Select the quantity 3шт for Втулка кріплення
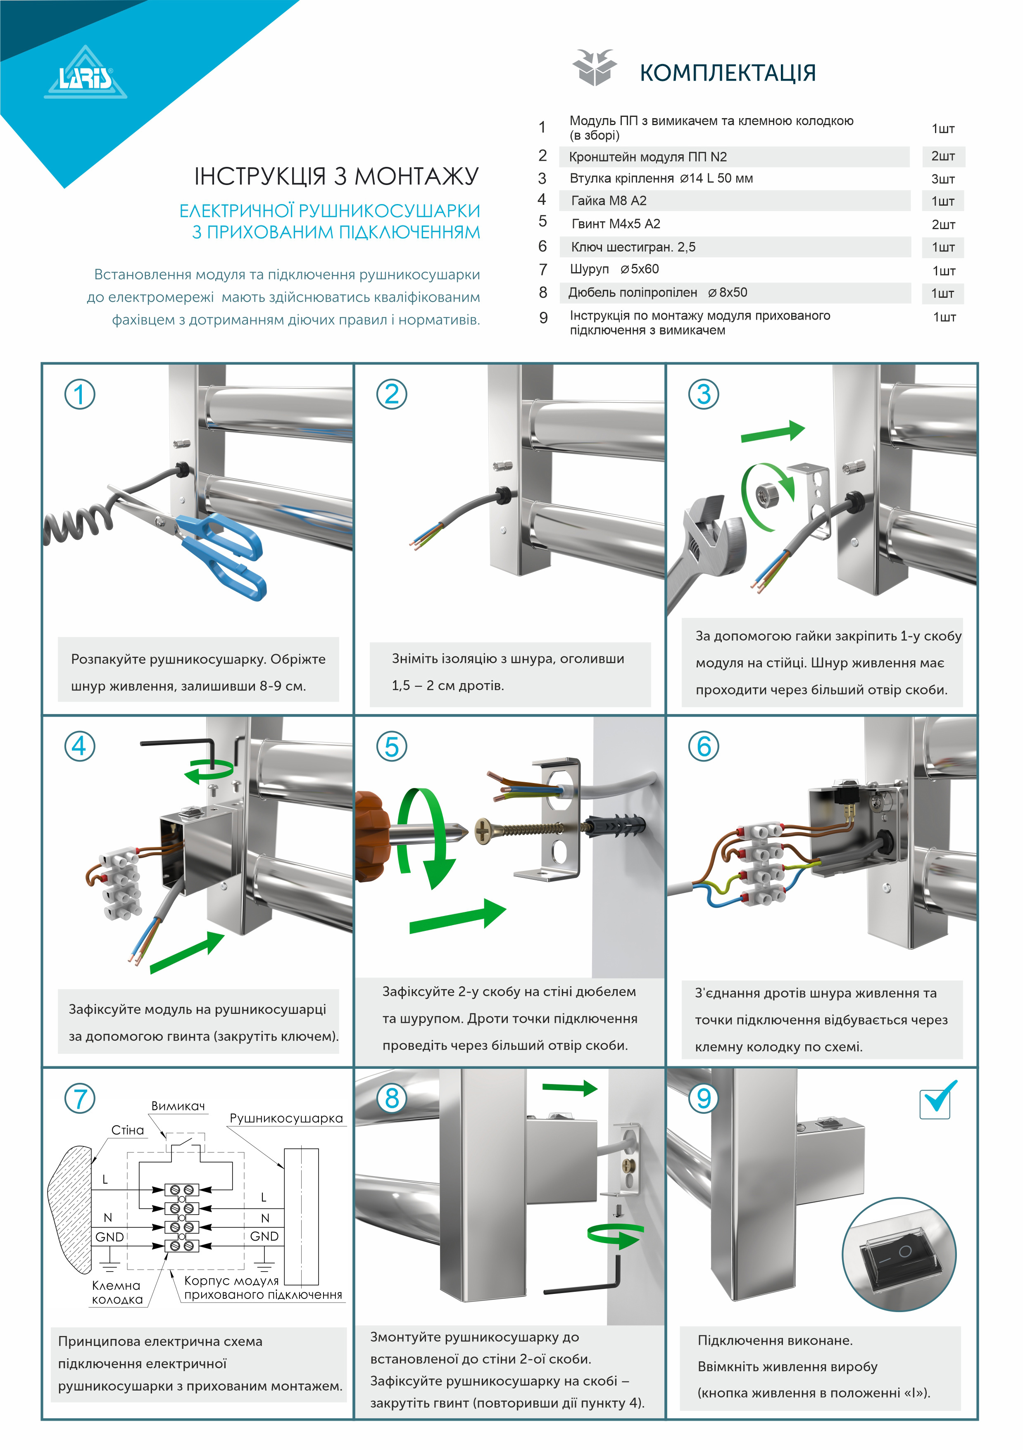[x=943, y=179]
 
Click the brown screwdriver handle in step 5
[x=373, y=835]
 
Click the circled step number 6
[x=703, y=746]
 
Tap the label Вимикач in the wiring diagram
[x=178, y=1106]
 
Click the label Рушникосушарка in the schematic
[x=285, y=1118]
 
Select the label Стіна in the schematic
[x=128, y=1130]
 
